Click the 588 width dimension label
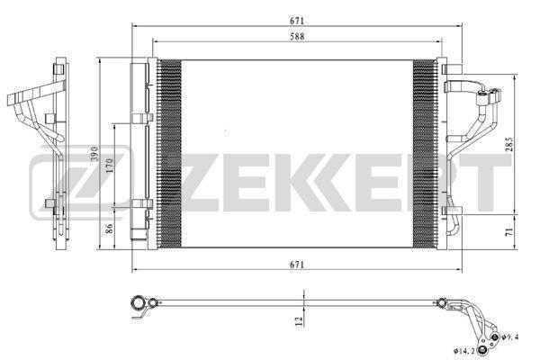tap(297, 36)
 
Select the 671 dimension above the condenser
tap(297, 21)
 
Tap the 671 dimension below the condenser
tap(297, 265)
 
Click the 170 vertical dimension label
tap(109, 166)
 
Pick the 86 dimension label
tap(109, 229)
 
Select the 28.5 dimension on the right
tap(509, 144)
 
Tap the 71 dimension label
tap(509, 231)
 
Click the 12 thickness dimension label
tap(299, 321)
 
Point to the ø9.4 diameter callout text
tap(510, 337)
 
